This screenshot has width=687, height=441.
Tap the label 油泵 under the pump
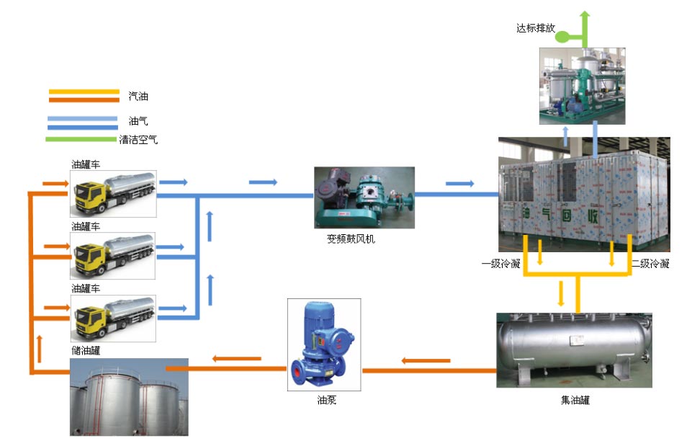pyautogui.click(x=326, y=398)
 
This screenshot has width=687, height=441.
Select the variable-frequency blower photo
pyautogui.click(x=364, y=197)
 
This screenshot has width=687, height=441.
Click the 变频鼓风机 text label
pyautogui.click(x=351, y=239)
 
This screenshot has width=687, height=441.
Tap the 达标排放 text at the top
pyautogui.click(x=536, y=29)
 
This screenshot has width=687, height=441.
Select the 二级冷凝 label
pyautogui.click(x=650, y=264)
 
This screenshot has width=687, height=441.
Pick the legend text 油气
pyautogui.click(x=138, y=121)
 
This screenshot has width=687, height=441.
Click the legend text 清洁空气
pyautogui.click(x=138, y=140)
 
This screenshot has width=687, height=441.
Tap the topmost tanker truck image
pyautogui.click(x=114, y=193)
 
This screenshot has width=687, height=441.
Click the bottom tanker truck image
pyautogui.click(x=114, y=317)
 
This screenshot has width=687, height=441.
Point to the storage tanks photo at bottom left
pyautogui.click(x=129, y=397)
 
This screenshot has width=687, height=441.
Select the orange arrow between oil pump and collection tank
pyautogui.click(x=426, y=360)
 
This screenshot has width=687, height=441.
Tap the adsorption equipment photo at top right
pyautogui.click(x=582, y=85)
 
